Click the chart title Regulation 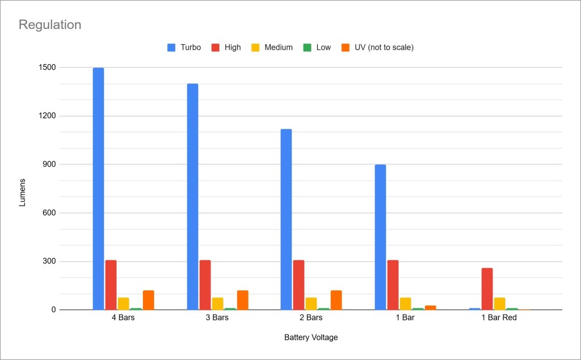click(50, 25)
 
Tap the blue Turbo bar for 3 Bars click(192, 196)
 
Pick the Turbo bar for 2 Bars click(286, 219)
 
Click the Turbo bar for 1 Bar click(380, 237)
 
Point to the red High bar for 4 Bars click(111, 284)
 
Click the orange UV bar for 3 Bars click(242, 300)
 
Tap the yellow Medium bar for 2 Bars click(311, 303)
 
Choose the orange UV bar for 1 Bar click(430, 307)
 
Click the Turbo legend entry click(184, 48)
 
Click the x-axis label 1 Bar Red click(499, 317)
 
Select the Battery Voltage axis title click(311, 337)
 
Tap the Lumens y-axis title click(22, 192)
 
